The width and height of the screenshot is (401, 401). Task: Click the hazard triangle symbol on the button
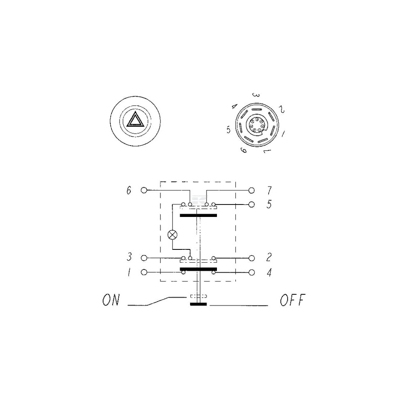[x=135, y=119]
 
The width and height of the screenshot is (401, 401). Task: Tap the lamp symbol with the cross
[x=172, y=235]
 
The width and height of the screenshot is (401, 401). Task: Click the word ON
[x=111, y=300]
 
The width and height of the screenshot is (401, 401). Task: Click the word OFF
[x=293, y=300]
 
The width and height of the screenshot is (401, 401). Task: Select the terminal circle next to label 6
[x=144, y=190]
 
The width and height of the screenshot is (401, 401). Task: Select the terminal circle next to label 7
[x=252, y=190]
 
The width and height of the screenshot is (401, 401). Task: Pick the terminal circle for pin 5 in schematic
[x=252, y=205]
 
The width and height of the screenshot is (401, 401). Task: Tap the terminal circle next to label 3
[x=144, y=258]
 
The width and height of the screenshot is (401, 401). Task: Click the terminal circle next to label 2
[x=252, y=258]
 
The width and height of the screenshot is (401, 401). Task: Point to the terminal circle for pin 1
[x=144, y=272]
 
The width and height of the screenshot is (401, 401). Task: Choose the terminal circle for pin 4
[x=252, y=272]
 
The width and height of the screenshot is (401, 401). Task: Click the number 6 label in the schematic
[x=129, y=190]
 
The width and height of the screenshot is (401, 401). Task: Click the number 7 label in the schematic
[x=269, y=190]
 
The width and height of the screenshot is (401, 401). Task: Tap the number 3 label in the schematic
[x=129, y=257]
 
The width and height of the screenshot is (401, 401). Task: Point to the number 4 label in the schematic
[x=269, y=273]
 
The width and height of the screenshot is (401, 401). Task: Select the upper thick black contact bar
[x=198, y=216]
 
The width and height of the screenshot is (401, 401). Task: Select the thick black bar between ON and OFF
[x=198, y=304]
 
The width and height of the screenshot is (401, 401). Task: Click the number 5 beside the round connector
[x=229, y=130]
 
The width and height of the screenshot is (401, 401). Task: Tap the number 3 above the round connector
[x=256, y=95]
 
